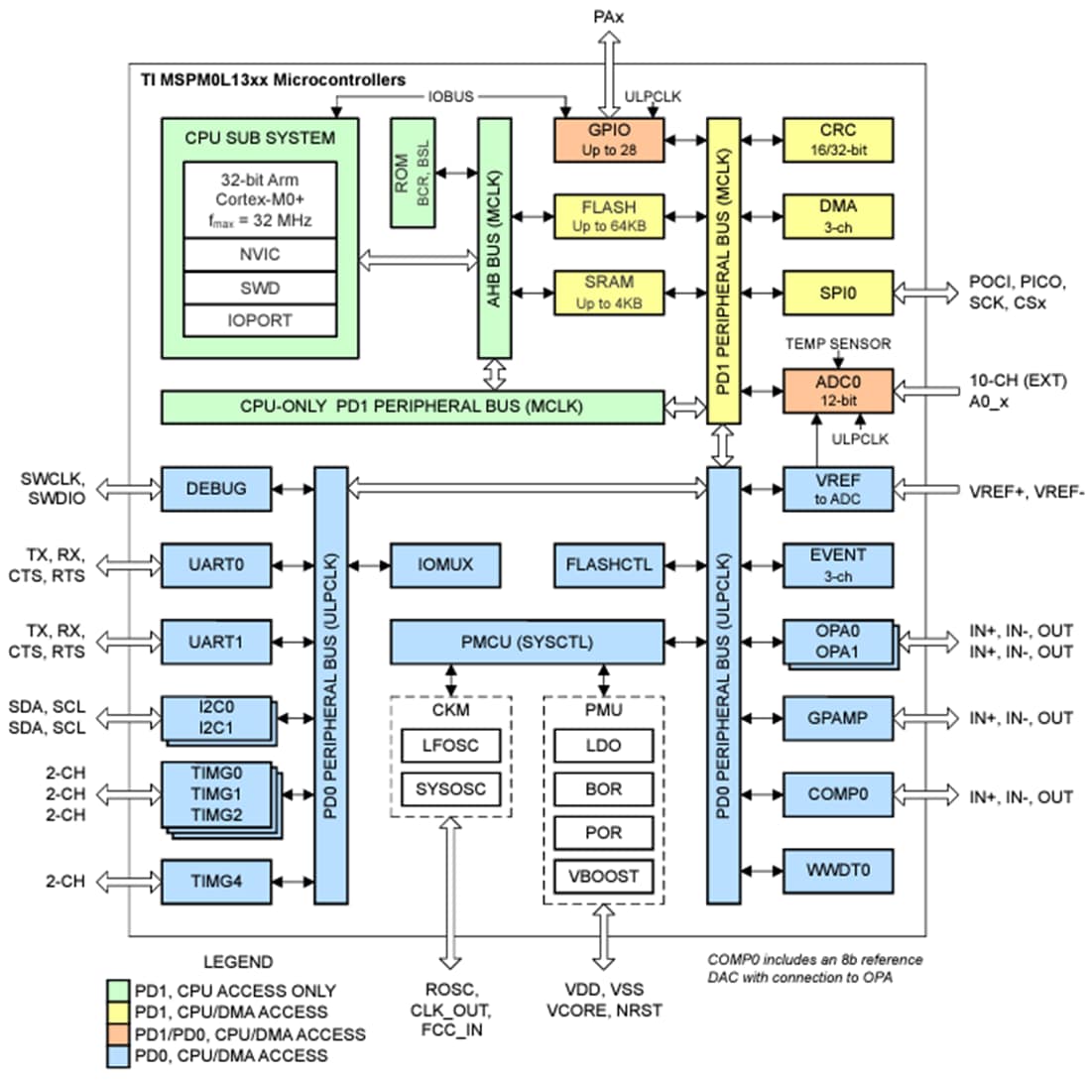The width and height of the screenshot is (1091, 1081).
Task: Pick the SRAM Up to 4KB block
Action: tap(609, 294)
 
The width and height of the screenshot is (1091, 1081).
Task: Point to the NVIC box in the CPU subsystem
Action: tap(260, 254)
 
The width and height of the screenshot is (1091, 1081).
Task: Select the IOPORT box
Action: tap(260, 320)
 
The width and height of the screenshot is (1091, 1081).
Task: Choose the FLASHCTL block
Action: tap(609, 564)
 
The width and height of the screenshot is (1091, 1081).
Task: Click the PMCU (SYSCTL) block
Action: tap(527, 643)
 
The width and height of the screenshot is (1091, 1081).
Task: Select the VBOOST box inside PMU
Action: tap(603, 876)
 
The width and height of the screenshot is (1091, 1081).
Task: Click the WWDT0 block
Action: tap(837, 872)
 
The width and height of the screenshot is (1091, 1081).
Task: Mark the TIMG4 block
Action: tap(215, 879)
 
